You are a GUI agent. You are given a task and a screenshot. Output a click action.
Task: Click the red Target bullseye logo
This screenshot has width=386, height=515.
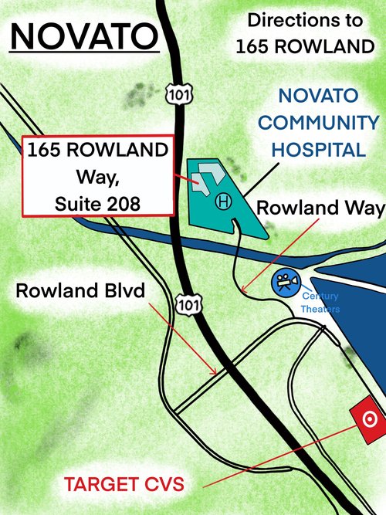[x=368, y=419]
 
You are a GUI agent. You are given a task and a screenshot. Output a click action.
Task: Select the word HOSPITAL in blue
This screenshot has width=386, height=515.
[x=319, y=149]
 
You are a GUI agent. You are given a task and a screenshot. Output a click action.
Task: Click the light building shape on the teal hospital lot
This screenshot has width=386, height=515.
[x=203, y=176]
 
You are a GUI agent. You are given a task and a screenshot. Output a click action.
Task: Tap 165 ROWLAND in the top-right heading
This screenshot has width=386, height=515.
[x=304, y=46]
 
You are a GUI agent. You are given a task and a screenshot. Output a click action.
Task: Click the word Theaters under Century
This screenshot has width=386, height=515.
[x=320, y=309]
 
